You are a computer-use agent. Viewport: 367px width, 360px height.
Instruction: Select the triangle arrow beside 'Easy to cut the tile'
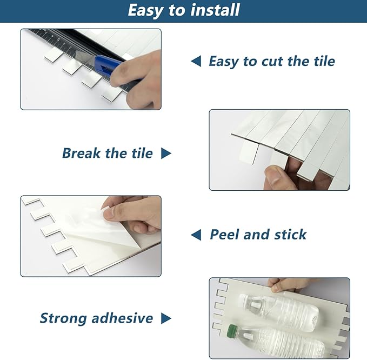196,61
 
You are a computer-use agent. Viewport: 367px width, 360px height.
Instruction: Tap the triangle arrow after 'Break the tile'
166,154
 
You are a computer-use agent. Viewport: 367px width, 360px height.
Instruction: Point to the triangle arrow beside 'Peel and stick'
196,235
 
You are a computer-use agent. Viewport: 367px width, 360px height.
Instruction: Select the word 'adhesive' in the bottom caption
122,318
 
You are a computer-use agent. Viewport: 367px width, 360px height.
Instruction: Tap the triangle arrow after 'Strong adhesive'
166,318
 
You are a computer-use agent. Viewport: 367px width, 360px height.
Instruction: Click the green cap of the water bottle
232,330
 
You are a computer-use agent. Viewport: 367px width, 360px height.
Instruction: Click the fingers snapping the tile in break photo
281,176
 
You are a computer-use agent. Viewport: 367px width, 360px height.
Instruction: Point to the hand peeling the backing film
135,214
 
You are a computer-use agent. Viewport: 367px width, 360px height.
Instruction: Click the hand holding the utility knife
143,76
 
